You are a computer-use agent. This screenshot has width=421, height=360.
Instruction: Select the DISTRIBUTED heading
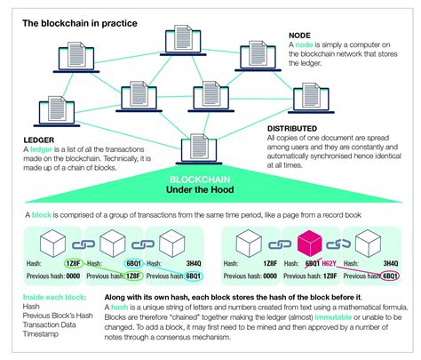294,128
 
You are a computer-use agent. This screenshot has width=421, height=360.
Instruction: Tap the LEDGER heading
40,139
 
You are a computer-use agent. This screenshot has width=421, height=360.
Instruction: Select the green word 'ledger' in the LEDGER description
45,148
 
